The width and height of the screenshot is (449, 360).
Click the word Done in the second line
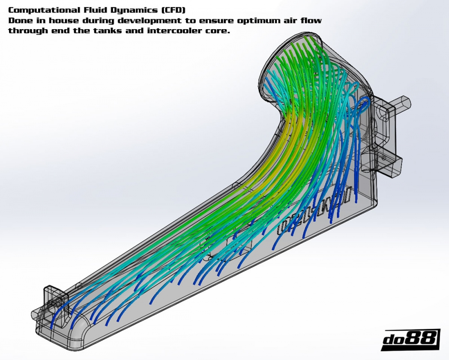pos(18,21)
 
